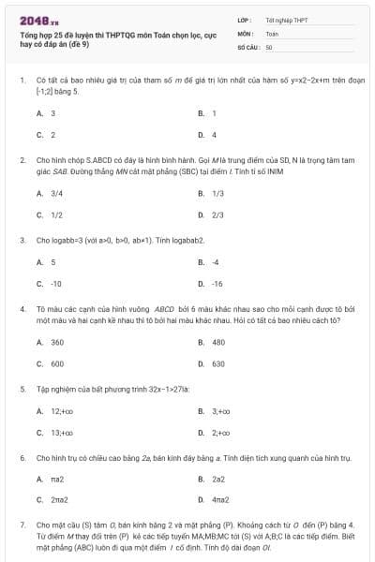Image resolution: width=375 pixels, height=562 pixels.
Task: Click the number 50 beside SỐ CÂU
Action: click(269, 45)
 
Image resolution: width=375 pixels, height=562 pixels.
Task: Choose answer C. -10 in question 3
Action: click(49, 283)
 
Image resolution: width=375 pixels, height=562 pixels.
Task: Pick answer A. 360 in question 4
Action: click(50, 342)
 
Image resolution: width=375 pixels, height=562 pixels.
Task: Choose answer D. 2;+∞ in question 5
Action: click(211, 432)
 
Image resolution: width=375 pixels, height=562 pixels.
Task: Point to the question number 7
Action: click(22, 525)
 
